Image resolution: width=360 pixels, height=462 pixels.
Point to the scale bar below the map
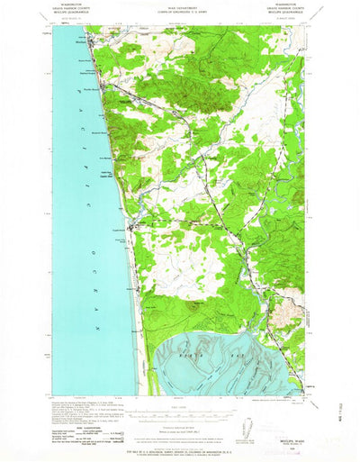179,407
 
